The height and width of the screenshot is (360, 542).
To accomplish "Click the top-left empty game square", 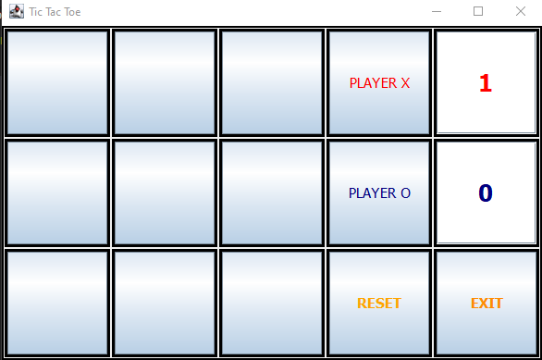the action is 57,82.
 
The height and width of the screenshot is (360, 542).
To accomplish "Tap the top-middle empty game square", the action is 165,82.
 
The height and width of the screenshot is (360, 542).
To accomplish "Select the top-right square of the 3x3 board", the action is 272,82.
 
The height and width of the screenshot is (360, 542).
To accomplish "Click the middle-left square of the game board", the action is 57,193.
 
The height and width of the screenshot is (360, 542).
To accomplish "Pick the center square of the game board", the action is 165,193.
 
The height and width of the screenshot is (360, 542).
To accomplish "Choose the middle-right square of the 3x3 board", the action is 272,193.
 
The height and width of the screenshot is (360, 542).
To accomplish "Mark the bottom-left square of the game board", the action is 57,303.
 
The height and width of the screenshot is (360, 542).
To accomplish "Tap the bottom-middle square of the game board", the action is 165,303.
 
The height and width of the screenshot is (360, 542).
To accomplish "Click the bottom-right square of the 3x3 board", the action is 272,303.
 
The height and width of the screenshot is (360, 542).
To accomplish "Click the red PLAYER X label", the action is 379,83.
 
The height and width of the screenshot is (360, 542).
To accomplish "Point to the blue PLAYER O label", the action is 379,193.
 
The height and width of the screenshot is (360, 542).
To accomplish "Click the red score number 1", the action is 486,83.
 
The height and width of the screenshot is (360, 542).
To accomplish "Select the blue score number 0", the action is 486,193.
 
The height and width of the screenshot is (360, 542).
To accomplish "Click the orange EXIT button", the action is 487,304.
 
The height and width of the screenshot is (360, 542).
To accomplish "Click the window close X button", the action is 521,11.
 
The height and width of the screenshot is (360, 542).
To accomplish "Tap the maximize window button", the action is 478,11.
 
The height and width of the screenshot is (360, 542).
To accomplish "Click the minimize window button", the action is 437,11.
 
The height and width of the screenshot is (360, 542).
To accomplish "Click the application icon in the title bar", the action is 17,11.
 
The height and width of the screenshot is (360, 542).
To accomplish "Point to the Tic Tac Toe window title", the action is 55,12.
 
